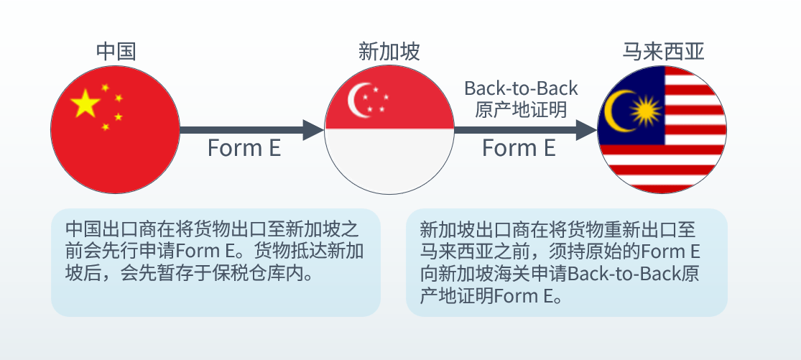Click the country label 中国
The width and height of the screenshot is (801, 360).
[x=116, y=52]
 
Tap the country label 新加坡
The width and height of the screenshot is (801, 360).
[x=389, y=52]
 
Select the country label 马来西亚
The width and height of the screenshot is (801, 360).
[x=663, y=52]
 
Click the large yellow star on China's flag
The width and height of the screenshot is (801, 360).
[x=85, y=103]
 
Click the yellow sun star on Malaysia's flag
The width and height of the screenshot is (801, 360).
[x=646, y=111]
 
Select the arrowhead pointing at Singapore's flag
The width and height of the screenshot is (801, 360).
[x=313, y=130]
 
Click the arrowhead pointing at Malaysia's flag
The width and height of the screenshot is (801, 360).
[x=587, y=130]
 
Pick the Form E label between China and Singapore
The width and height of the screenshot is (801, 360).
[x=244, y=148]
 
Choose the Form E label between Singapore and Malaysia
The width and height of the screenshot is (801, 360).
[x=519, y=148]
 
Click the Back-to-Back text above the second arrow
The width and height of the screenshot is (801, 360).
[x=521, y=88]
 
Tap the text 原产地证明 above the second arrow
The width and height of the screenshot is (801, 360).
[x=521, y=109]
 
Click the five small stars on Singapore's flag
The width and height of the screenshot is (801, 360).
[x=376, y=99]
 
